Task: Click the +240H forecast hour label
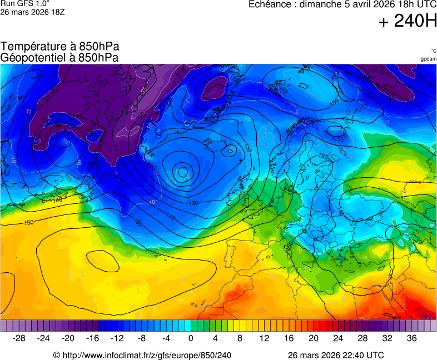pyautogui.click(x=408, y=21)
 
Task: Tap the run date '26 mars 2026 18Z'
pyautogui.click(x=32, y=12)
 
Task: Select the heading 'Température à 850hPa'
pyautogui.click(x=60, y=47)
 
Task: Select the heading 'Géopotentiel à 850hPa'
pyautogui.click(x=59, y=57)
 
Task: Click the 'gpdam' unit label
pyautogui.click(x=428, y=59)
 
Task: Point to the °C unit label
pyautogui.click(x=433, y=51)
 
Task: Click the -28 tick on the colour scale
pyautogui.click(x=19, y=338)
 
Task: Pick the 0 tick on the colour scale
pyautogui.click(x=191, y=338)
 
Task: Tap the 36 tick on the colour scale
pyautogui.click(x=411, y=338)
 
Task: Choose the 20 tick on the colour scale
pyautogui.click(x=314, y=338)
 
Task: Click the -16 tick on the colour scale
pyautogui.click(x=93, y=338)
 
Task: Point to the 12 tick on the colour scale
pyautogui.click(x=265, y=338)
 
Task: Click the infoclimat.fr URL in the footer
pyautogui.click(x=142, y=355)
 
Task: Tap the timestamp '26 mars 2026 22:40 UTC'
pyautogui.click(x=335, y=355)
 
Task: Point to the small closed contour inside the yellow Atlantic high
pyautogui.click(x=99, y=259)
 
